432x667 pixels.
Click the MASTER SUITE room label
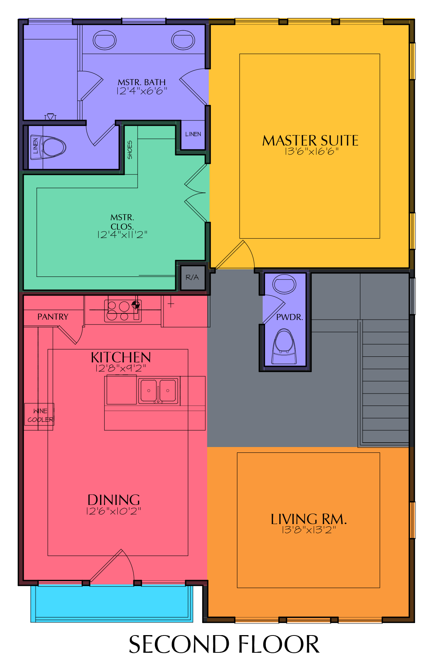click(x=310, y=141)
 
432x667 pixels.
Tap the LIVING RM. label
click(x=309, y=519)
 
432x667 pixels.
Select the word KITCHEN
click(x=121, y=357)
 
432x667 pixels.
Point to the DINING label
click(x=114, y=500)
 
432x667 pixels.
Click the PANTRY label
click(x=53, y=317)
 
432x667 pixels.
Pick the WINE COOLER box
click(x=39, y=415)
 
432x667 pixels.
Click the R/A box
click(x=192, y=278)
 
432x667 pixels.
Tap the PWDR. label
click(x=289, y=317)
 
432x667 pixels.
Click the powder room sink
click(x=285, y=284)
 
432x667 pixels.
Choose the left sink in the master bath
click(x=105, y=40)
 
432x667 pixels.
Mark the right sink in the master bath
click(x=183, y=40)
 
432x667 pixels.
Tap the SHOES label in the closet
click(x=130, y=150)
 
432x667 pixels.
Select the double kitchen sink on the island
click(x=158, y=391)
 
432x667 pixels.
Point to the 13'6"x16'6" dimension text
click(x=312, y=152)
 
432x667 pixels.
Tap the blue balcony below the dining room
click(x=112, y=603)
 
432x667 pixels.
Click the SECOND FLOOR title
click(x=224, y=644)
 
